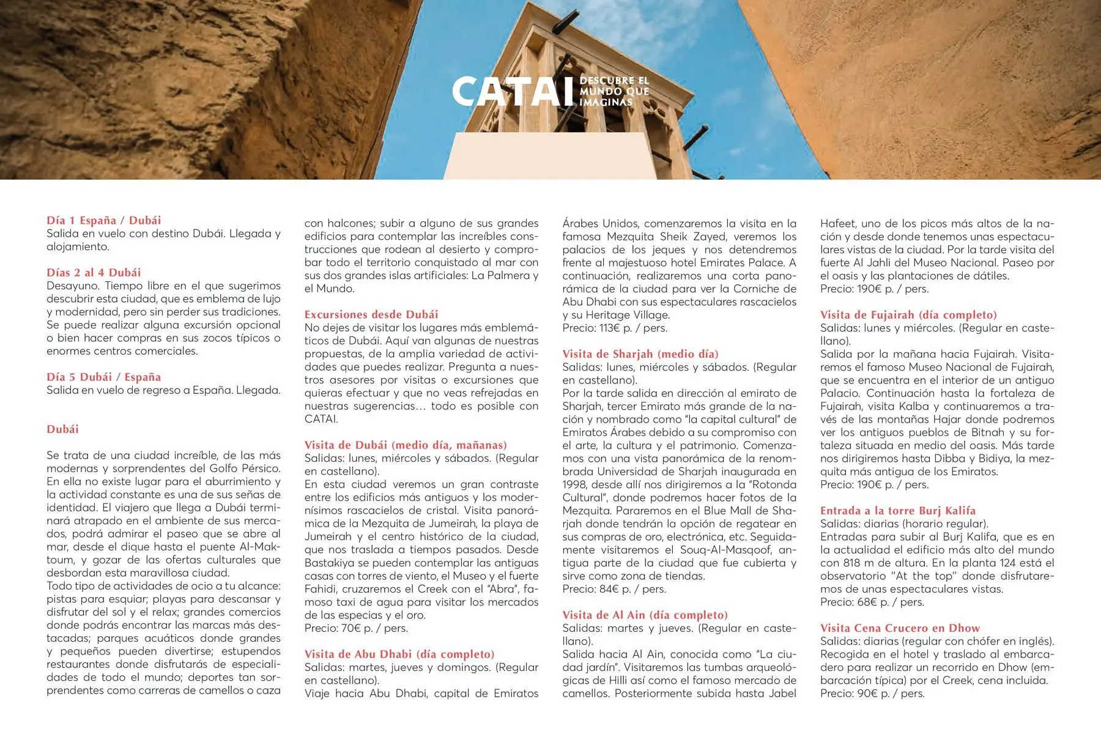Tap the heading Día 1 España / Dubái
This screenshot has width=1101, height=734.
pyautogui.click(x=104, y=220)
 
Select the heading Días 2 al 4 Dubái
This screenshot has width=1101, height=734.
pyautogui.click(x=94, y=272)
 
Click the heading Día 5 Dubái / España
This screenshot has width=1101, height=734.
pyautogui.click(x=104, y=377)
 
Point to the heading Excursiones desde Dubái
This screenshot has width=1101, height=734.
pyautogui.click(x=371, y=314)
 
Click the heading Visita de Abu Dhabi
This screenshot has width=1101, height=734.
pyautogui.click(x=399, y=654)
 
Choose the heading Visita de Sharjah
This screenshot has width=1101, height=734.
pyautogui.click(x=640, y=354)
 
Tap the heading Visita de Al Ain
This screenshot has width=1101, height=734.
pyautogui.click(x=645, y=615)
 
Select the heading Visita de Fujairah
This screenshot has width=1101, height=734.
pyautogui.click(x=908, y=314)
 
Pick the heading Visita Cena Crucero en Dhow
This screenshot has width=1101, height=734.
pyautogui.click(x=900, y=628)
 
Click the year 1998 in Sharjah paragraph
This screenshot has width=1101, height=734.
pyautogui.click(x=575, y=484)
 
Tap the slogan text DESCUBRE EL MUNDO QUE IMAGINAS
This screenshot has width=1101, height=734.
pyautogui.click(x=614, y=91)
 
